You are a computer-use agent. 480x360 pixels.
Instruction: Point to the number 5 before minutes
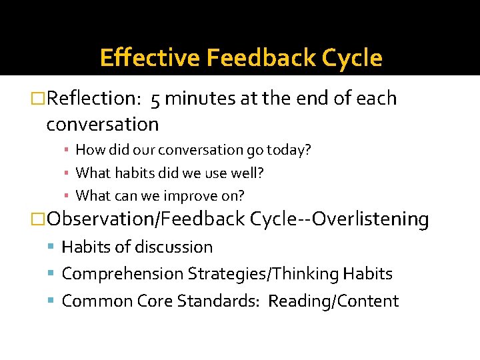click(155, 99)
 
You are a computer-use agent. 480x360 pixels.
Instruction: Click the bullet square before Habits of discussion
click(53, 247)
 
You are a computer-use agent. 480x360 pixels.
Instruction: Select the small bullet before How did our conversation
click(68, 151)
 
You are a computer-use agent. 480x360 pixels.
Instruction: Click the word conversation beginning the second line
click(103, 125)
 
